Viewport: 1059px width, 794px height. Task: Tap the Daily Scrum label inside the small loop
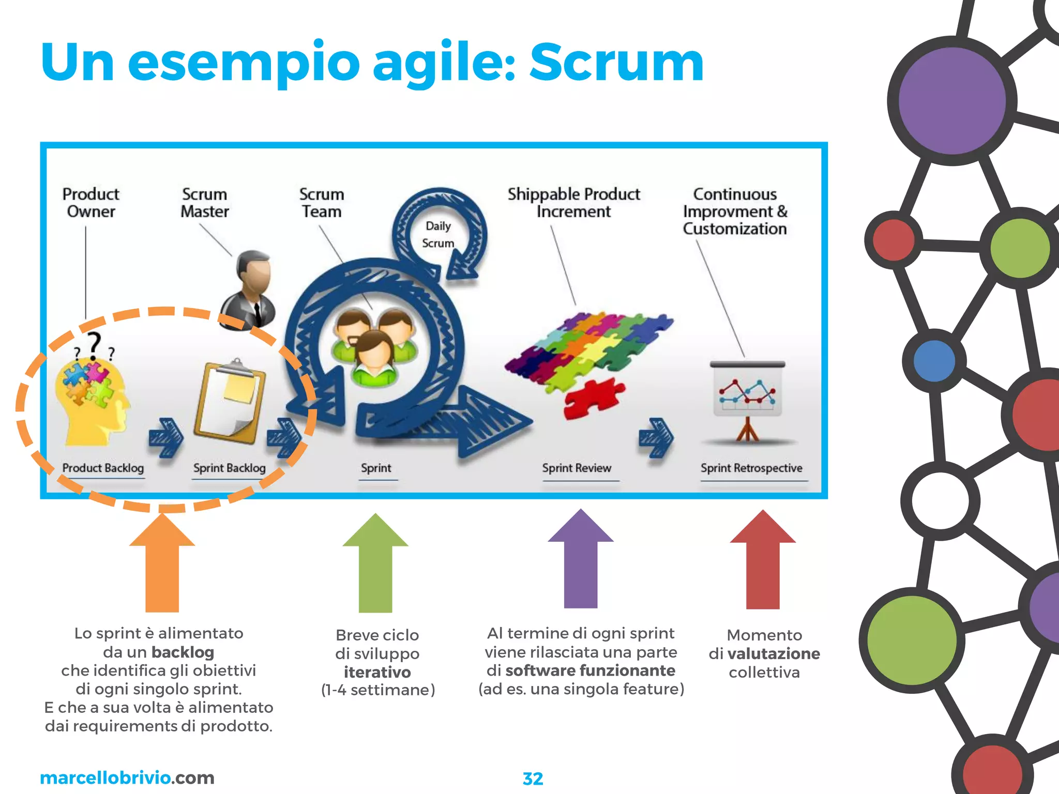[x=438, y=234]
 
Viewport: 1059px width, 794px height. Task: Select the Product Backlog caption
[x=103, y=468]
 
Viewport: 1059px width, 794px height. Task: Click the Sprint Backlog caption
[x=229, y=468]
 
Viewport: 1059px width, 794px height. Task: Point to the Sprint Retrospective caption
[x=751, y=468]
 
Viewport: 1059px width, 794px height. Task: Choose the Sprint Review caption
[x=577, y=468]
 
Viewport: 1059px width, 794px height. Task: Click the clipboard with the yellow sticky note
[x=230, y=401]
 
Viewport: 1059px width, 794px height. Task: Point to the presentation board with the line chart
[x=747, y=395]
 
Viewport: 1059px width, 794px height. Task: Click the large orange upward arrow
[x=162, y=563]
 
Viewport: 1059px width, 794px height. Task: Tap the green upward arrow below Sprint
[x=375, y=563]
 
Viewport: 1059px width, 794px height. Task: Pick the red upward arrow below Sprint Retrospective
[x=763, y=560]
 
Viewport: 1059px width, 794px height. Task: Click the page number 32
[x=533, y=778]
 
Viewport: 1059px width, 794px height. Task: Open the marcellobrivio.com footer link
[x=127, y=777]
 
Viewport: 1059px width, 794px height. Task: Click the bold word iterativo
[x=377, y=672]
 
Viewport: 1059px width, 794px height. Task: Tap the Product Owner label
[x=91, y=203]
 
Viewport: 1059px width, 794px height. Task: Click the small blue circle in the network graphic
[x=934, y=361]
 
